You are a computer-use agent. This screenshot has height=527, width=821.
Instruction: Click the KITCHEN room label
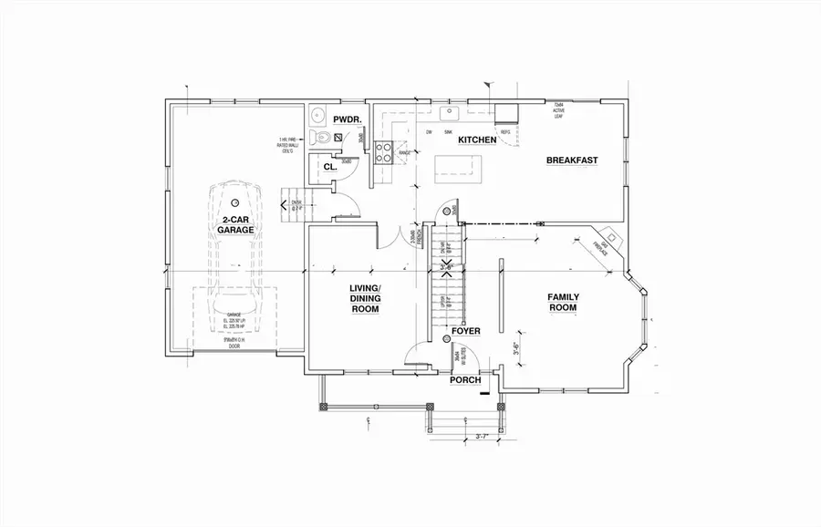tap(476, 139)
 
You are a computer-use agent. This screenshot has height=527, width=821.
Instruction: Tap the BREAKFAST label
tap(571, 160)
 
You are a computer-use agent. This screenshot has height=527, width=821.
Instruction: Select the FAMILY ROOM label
tap(562, 302)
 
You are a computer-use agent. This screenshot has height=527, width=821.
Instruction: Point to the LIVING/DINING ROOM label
tap(365, 298)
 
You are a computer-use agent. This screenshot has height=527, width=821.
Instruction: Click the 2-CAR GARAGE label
tap(235, 224)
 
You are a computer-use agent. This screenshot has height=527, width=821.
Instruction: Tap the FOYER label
tap(465, 330)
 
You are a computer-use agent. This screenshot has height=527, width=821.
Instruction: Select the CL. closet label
tap(329, 168)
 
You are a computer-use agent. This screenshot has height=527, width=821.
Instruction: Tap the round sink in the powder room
tap(317, 115)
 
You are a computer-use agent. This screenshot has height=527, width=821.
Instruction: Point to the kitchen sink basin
tap(449, 115)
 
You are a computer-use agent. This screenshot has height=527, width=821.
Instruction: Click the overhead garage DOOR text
tap(237, 346)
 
